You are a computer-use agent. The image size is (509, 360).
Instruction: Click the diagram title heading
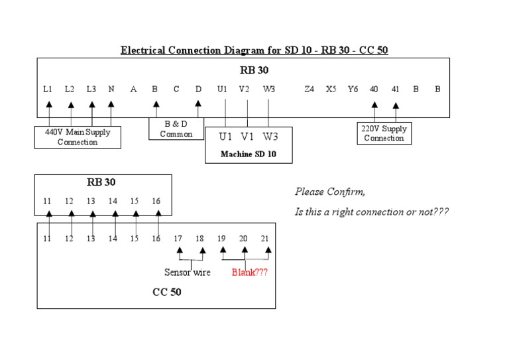click(254, 50)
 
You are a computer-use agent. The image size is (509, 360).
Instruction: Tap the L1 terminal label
click(48, 89)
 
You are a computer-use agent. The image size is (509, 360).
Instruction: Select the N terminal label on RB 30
click(111, 89)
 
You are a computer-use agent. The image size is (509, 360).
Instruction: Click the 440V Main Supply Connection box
click(78, 137)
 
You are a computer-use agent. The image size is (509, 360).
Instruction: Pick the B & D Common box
click(176, 129)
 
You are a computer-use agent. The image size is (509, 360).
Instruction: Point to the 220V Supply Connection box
click(384, 133)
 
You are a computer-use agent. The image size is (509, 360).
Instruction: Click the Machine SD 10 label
click(248, 154)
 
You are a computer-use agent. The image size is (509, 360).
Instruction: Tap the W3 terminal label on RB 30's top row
click(268, 89)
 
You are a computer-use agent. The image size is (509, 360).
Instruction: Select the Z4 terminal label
click(309, 89)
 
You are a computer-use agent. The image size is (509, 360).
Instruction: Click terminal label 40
click(374, 89)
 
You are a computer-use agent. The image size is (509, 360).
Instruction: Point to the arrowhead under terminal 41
click(396, 105)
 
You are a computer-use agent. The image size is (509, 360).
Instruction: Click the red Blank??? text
click(250, 272)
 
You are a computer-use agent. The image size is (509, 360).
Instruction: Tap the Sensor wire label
click(187, 272)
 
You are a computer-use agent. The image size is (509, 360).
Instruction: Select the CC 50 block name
click(167, 292)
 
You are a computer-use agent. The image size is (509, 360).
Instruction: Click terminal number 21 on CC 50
click(264, 238)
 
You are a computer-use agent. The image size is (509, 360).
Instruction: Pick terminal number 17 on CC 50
click(177, 238)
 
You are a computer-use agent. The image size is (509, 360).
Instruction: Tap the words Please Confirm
click(329, 192)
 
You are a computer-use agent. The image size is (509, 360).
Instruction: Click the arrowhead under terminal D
click(198, 104)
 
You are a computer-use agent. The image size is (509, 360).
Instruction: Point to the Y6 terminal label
click(353, 89)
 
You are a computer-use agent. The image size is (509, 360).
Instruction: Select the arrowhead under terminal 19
click(223, 251)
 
